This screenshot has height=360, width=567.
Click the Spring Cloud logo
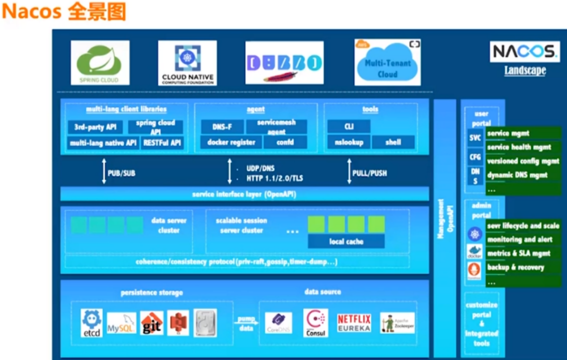coord(100,63)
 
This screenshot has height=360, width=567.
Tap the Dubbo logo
coord(284,63)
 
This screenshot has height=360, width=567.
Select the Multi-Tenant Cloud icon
coord(387,63)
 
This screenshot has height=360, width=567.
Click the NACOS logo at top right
coord(524,51)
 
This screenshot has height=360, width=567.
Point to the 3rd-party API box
coord(95,127)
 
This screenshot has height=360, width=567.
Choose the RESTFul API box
coord(162,142)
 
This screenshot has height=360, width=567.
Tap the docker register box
coord(231,142)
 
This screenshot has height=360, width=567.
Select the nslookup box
coord(348,142)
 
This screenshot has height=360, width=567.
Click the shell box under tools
coord(393,142)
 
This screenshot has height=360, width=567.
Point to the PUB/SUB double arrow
coord(104,172)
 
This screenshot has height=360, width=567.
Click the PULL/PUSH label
coord(369,173)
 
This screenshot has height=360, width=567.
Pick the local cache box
coord(346,241)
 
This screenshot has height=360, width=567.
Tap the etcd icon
coord(91,323)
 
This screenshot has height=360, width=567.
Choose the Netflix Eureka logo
coord(354,323)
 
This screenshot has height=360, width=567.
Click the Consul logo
coord(315,322)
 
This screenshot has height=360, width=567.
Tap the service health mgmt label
coord(519,147)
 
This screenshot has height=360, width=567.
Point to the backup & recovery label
coord(515,267)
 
